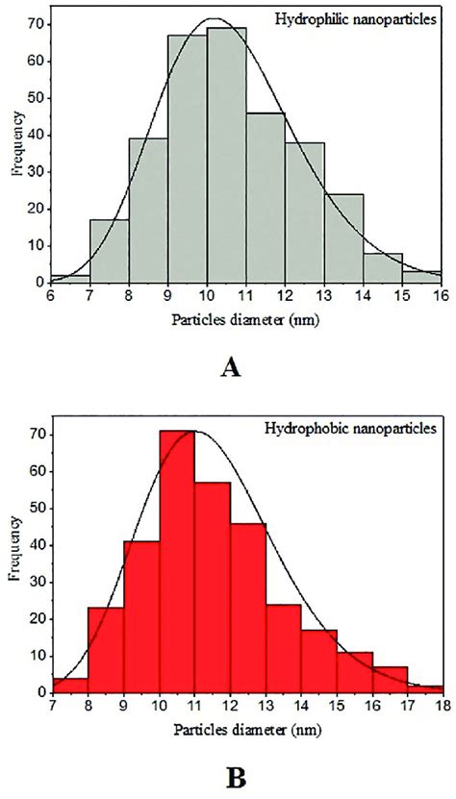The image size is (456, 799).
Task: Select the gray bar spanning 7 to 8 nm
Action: (x=110, y=251)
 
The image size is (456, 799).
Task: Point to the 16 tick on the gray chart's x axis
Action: (x=439, y=294)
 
